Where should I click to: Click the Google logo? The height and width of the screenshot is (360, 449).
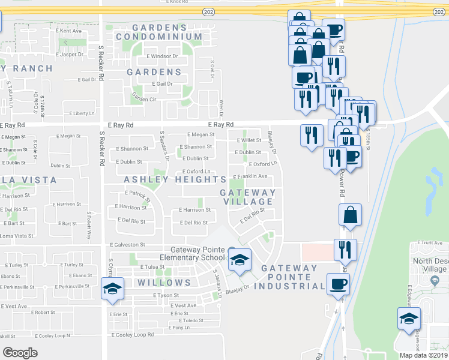click(20, 353)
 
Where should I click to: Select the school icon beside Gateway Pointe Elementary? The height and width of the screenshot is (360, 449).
click(240, 260)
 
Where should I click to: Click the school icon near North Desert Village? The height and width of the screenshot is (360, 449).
click(409, 318)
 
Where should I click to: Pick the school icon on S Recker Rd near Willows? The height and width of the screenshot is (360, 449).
click(112, 289)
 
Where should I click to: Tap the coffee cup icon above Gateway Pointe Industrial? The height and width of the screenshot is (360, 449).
click(338, 284)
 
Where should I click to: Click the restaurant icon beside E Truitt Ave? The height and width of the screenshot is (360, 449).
click(345, 249)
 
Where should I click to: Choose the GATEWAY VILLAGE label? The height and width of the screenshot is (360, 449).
click(247, 197)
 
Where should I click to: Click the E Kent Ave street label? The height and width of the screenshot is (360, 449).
click(68, 30)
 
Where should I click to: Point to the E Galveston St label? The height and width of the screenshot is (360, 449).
click(128, 245)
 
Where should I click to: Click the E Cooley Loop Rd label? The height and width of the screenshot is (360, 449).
click(133, 334)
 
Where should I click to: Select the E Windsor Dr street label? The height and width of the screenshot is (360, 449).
click(162, 56)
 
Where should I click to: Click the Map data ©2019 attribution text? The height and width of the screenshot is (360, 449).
click(423, 355)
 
